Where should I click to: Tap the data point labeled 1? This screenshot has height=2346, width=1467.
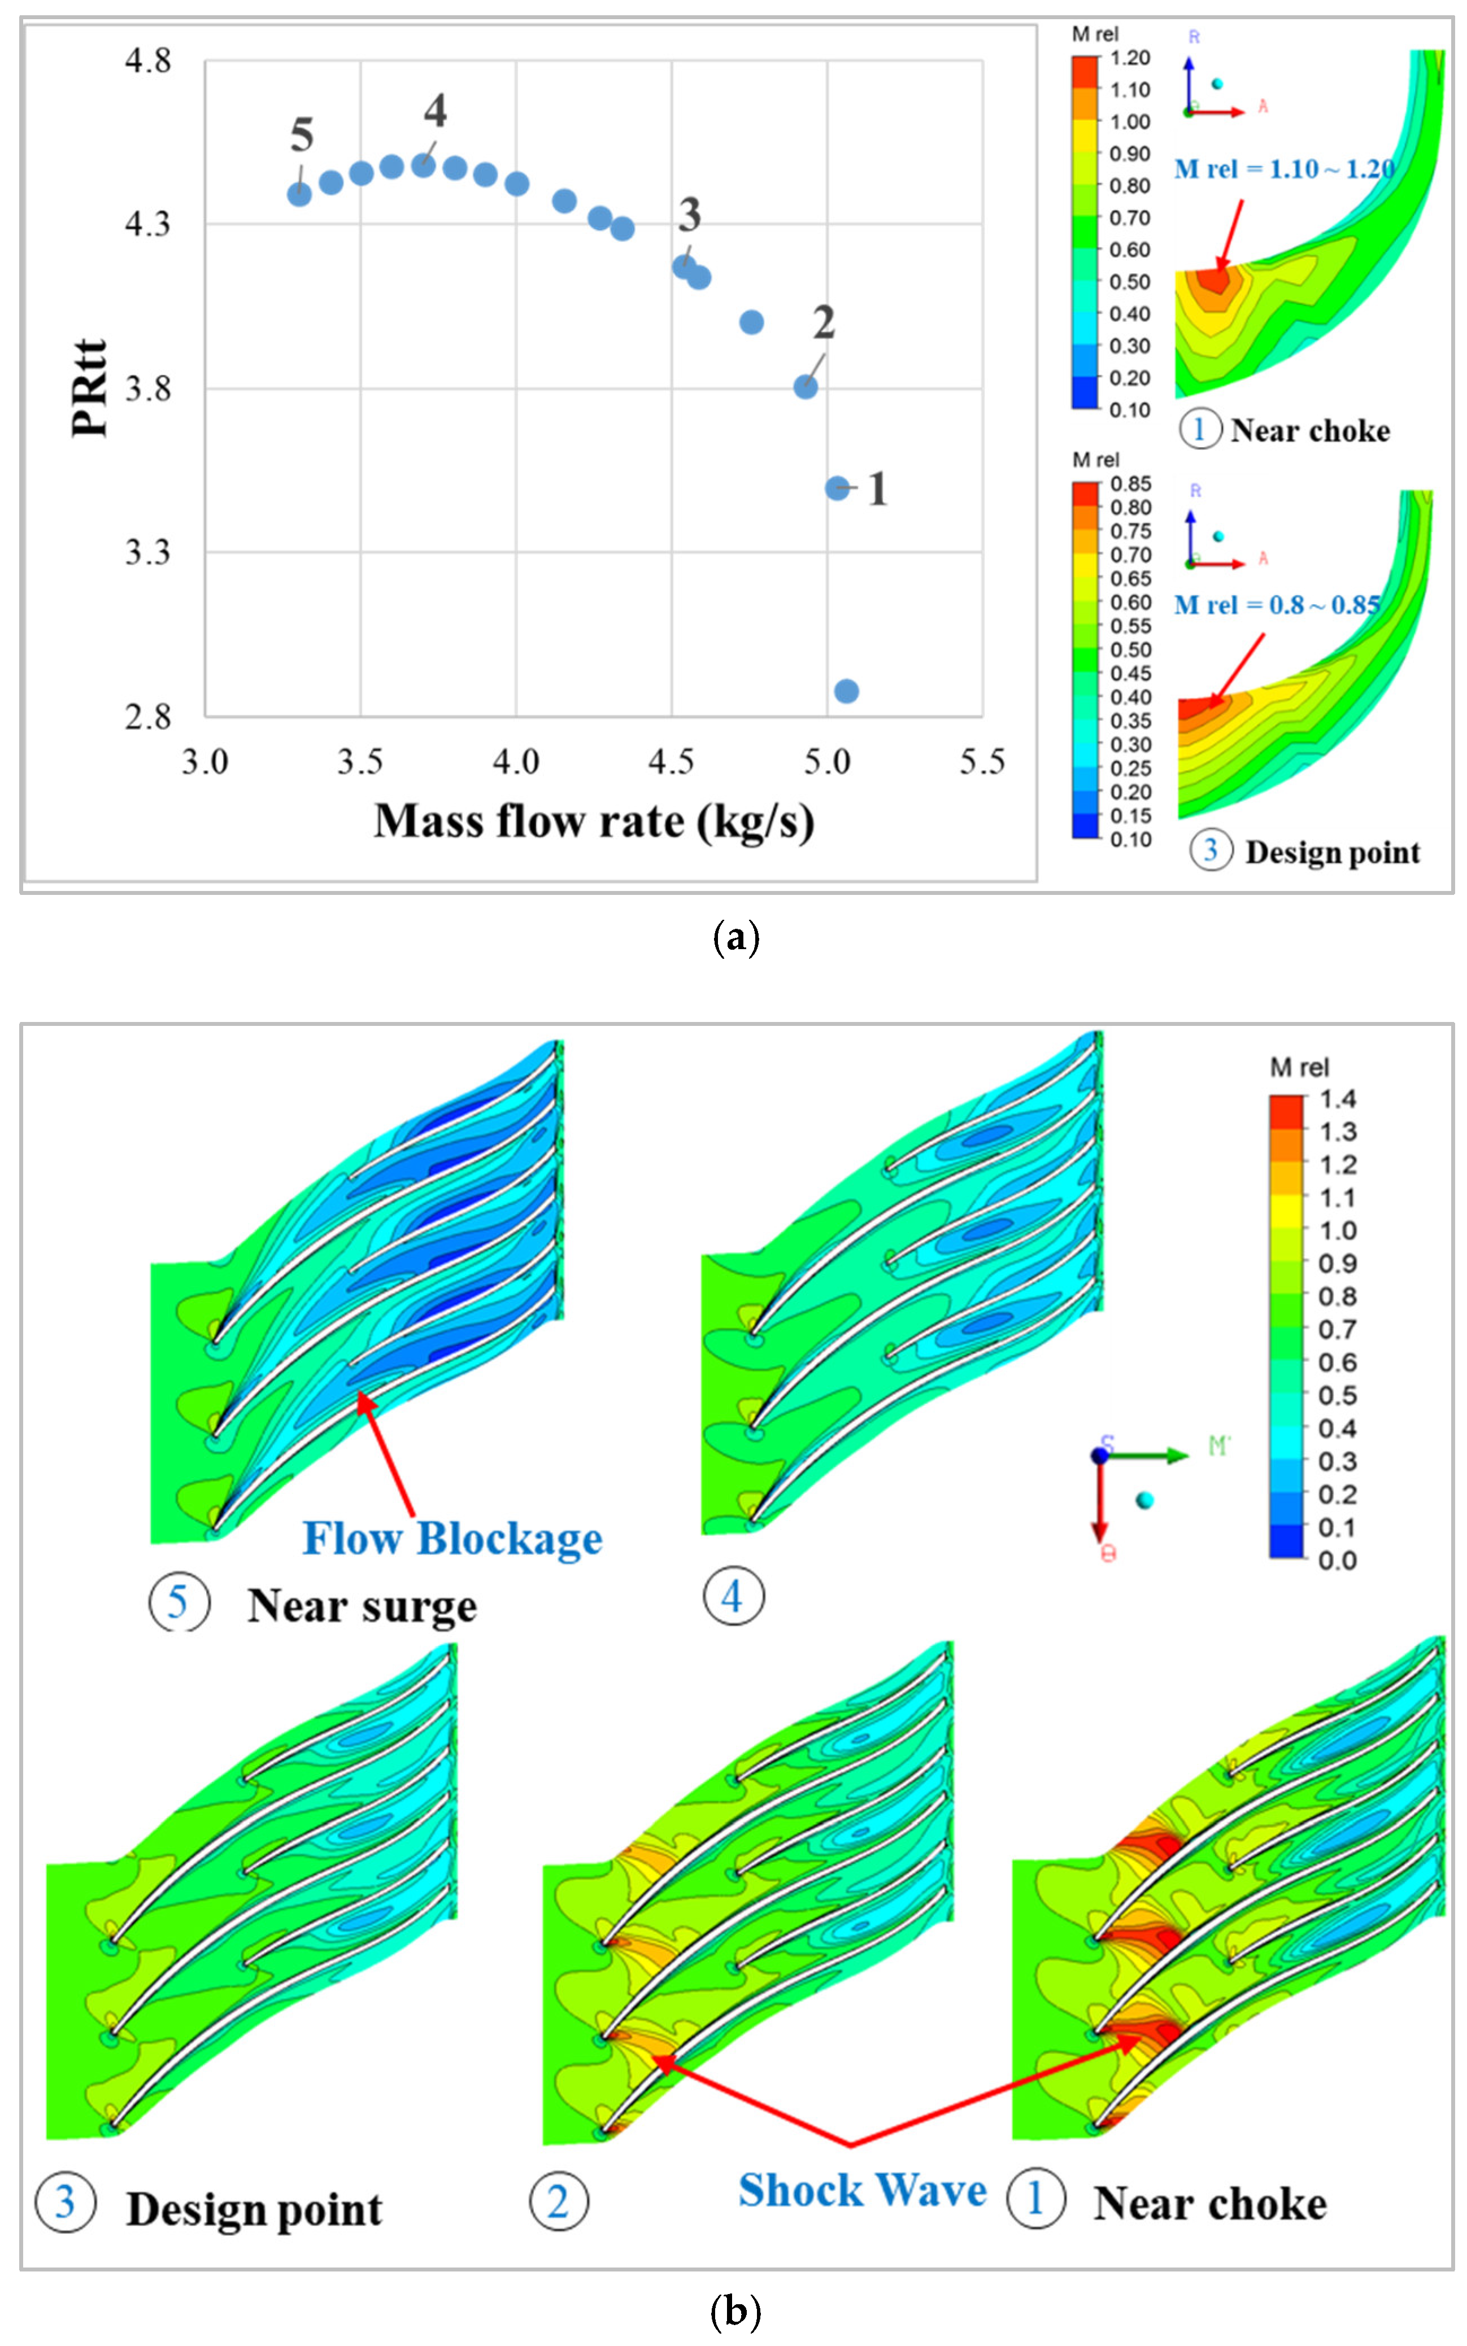(x=837, y=488)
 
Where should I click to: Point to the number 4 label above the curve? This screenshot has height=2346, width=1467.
(x=436, y=112)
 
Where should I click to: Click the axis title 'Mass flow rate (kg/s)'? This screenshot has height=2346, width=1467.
(x=594, y=822)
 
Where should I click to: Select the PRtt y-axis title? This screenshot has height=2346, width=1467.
(x=89, y=388)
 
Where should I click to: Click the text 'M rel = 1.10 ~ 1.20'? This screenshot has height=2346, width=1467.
(x=1283, y=170)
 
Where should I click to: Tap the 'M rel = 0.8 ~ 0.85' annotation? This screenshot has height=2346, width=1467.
(x=1277, y=605)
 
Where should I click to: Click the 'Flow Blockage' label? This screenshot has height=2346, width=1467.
(x=452, y=1539)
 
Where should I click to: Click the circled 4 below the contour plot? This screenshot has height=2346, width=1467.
(x=733, y=1596)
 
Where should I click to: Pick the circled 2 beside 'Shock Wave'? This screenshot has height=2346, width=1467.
(x=559, y=2201)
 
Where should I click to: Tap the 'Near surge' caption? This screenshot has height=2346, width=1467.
(x=362, y=1606)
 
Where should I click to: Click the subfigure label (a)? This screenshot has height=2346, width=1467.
(x=735, y=937)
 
